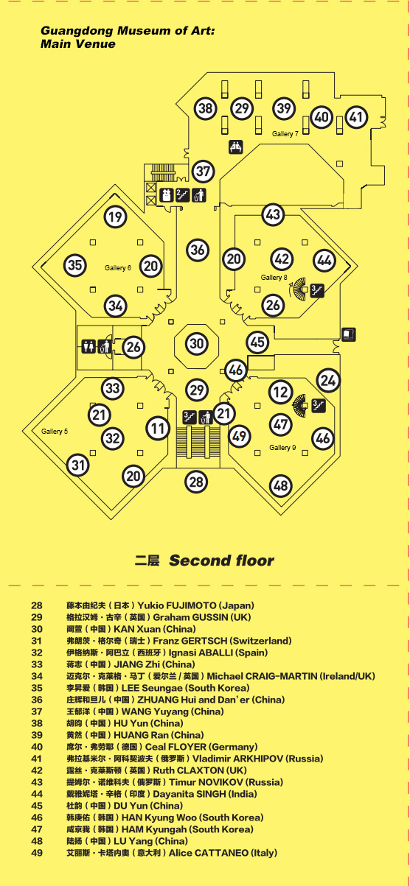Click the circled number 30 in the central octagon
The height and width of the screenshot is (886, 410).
(197, 343)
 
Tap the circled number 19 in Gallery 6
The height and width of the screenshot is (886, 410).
(115, 217)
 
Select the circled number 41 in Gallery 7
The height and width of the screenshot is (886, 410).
(356, 116)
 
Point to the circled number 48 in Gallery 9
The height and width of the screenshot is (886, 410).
(280, 485)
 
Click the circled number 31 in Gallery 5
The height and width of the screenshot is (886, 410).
(78, 465)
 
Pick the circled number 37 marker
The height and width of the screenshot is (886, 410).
(204, 172)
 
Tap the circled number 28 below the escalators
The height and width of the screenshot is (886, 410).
(196, 482)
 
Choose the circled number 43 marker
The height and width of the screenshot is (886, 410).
(274, 214)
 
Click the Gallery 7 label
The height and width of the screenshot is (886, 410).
(285, 134)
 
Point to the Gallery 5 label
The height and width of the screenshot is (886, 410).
(55, 431)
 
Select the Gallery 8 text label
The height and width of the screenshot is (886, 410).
(274, 277)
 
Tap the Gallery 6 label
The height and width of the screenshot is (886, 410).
(118, 268)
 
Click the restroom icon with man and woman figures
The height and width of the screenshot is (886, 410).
(88, 346)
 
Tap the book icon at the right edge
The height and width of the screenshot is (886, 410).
(349, 334)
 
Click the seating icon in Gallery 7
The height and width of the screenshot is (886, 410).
(236, 147)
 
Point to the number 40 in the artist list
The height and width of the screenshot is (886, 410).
(37, 747)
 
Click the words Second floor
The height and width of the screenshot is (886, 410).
(221, 560)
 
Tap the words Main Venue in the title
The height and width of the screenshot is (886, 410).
(78, 43)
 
